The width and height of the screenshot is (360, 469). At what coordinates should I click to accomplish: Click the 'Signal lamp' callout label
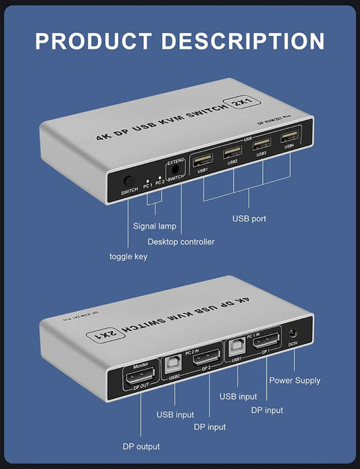(x=154, y=226)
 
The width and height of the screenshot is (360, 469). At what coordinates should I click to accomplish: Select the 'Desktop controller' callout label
(x=181, y=242)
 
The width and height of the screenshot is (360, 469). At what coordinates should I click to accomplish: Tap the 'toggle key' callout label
(x=128, y=257)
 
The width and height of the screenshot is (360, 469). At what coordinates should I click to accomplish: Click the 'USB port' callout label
(x=249, y=219)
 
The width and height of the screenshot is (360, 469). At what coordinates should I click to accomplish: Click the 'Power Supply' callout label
(x=294, y=380)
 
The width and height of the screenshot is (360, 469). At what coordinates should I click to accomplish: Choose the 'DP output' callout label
(x=141, y=447)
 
